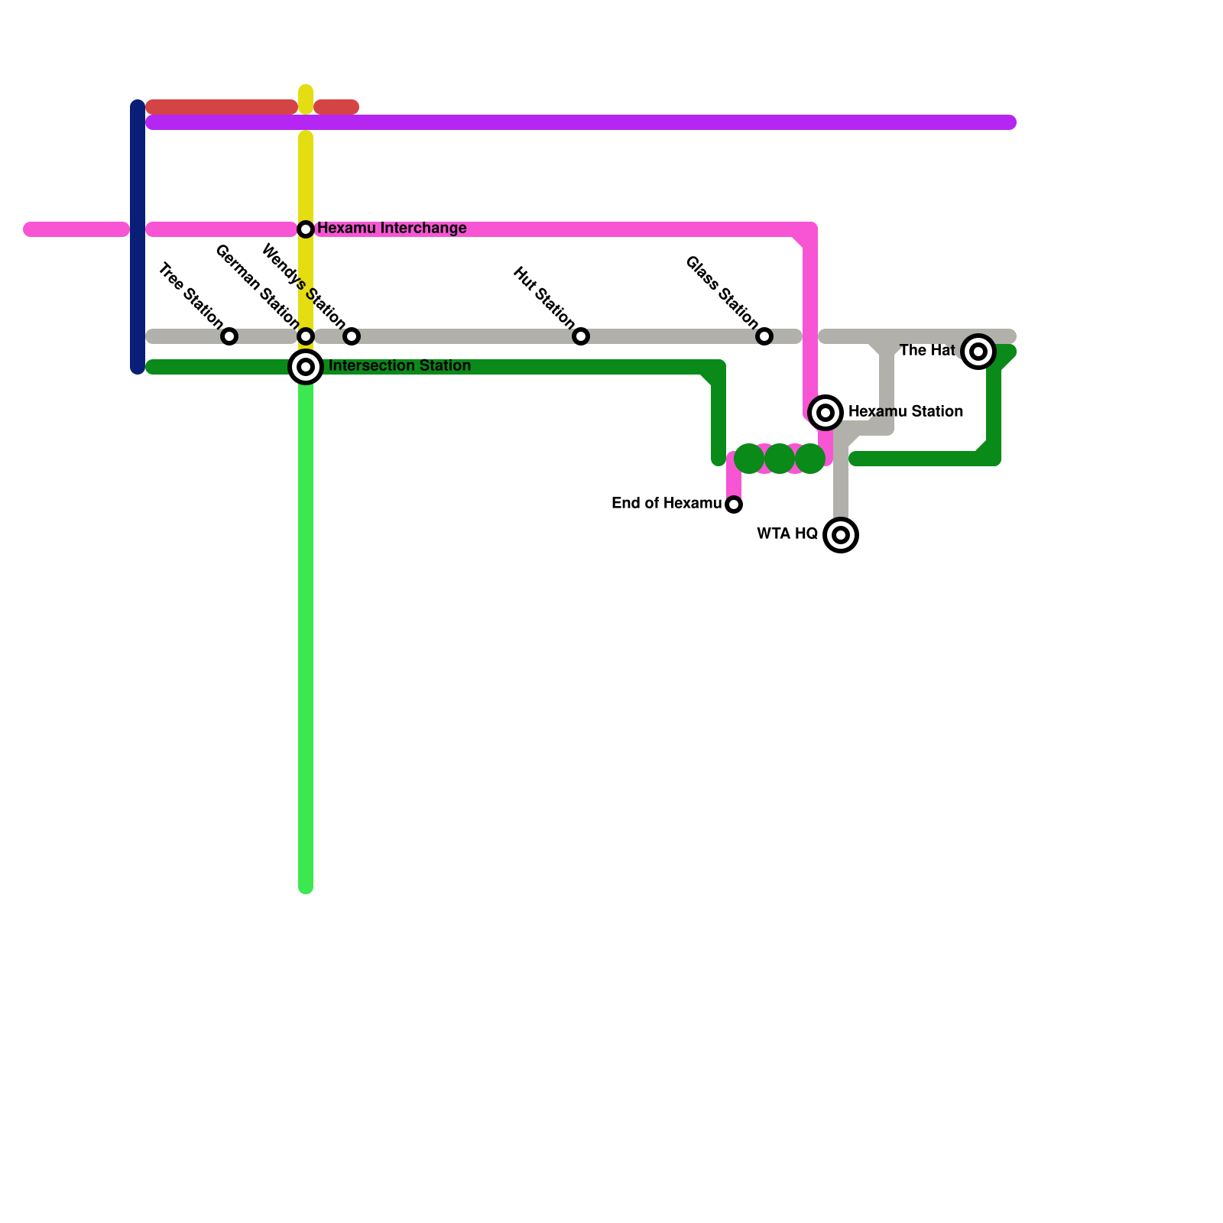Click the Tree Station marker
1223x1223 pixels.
229,336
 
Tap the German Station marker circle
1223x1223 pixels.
306,336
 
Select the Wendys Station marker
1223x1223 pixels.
352,336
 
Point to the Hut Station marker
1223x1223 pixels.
581,336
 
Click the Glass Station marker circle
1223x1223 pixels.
764,336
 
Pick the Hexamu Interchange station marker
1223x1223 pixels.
306,229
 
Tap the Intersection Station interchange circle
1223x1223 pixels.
306,367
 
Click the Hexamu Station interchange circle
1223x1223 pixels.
826,413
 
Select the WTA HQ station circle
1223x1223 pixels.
841,535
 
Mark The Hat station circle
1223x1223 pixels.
978,352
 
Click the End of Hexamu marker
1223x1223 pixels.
734,504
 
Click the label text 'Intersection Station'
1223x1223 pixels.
399,366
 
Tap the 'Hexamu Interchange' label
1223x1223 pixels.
391,229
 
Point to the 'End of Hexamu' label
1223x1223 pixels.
666,504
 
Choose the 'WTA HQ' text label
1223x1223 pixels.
787,534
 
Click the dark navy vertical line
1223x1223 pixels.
138,237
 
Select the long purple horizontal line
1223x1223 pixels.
581,122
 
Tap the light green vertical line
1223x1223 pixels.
306,634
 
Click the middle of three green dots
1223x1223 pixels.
780,459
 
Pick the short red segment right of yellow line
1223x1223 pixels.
336,107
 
